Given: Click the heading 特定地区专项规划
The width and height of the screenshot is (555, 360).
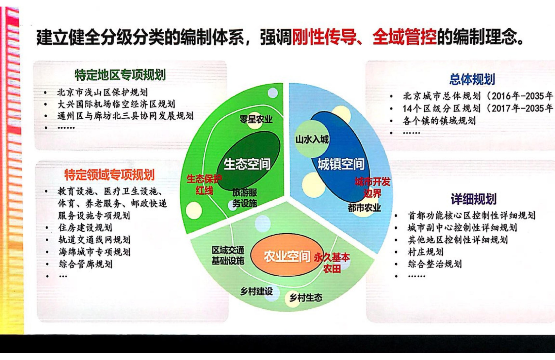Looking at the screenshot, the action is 120,75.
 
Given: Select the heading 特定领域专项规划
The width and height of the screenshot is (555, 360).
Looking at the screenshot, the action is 110,175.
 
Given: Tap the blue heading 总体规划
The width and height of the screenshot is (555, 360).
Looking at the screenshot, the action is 472,79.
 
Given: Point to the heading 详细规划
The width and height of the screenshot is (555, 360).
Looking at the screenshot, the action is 474,199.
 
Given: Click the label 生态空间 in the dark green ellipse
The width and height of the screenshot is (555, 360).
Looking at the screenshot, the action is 247,164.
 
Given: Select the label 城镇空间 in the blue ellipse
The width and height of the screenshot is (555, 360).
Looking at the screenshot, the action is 341,164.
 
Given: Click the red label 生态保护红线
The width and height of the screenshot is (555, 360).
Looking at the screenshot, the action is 204,185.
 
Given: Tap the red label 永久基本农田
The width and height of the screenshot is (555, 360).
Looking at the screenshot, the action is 332,263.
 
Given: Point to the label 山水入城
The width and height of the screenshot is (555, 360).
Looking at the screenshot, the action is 312,139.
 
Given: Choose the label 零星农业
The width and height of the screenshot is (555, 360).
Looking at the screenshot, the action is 256,119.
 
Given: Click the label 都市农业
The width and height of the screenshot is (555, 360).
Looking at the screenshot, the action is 364,208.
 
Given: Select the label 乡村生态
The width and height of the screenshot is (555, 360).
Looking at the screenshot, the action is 306,297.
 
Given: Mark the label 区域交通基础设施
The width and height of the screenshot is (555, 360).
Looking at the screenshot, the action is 228,255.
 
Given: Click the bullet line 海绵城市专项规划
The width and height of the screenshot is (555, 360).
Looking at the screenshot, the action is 95,252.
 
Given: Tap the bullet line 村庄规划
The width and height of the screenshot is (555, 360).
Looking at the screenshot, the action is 426,252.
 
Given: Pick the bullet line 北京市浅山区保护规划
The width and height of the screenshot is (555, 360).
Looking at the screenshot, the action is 103,92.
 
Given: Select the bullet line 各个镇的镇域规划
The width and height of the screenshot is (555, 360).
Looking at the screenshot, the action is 439,121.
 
